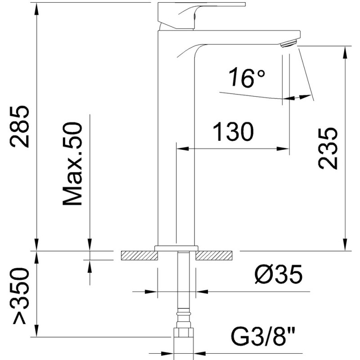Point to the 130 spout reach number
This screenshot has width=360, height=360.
[233, 133]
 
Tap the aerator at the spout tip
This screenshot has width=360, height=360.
[288, 43]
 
